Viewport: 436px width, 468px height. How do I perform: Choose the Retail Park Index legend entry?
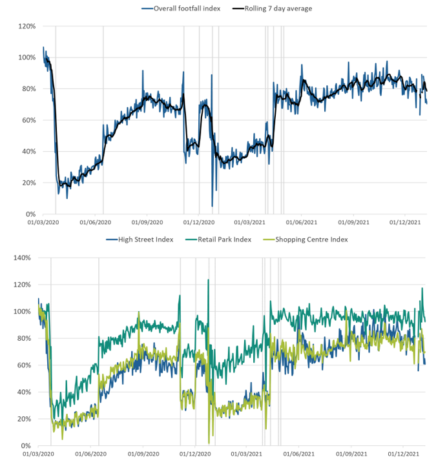[222, 239]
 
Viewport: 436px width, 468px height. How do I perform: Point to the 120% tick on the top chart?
[26, 26]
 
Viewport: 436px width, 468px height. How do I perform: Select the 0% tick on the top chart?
[29, 214]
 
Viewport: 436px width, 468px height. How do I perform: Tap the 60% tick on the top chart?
[28, 120]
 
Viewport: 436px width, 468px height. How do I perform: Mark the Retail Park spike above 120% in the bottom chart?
[208, 280]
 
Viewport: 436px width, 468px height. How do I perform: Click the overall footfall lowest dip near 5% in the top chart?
[212, 206]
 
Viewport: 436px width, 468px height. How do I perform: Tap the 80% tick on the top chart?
[28, 89]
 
